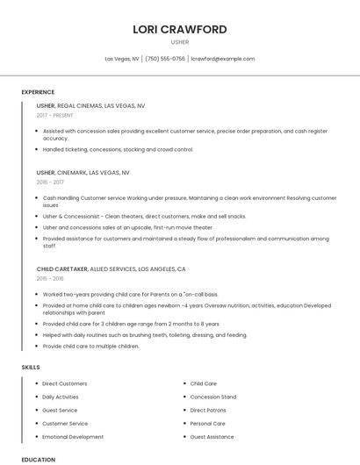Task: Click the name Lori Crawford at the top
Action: coord(179,29)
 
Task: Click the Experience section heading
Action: coord(38,92)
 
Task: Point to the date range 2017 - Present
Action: coord(55,115)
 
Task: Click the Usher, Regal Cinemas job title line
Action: coord(90,105)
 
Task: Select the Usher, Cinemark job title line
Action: coord(83,173)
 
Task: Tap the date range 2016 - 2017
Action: coord(50,182)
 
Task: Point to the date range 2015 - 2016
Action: coord(50,278)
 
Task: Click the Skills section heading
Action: coord(31,366)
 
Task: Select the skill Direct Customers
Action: coord(65,383)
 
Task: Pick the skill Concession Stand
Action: coord(213,397)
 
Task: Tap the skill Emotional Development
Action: coord(73,436)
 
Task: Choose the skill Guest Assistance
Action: coord(212,436)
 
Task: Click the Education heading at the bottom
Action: coord(38,459)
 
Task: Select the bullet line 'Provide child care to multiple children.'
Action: coord(91,346)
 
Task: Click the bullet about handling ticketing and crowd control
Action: coord(118,149)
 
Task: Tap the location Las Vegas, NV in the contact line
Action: coord(122,59)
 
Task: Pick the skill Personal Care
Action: coord(208,423)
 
